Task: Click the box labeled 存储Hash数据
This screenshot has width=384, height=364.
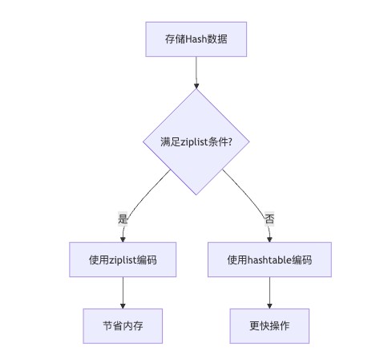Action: click(196, 39)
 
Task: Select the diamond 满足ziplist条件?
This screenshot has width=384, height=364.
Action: click(196, 141)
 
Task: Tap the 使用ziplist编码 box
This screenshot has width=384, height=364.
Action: click(123, 260)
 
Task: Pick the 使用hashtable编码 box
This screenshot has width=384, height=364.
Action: click(269, 260)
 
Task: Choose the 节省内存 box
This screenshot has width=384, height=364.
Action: click(123, 326)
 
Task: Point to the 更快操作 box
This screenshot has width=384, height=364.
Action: click(269, 326)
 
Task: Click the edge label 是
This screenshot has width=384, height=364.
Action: click(123, 219)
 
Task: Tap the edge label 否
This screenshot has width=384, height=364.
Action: click(269, 219)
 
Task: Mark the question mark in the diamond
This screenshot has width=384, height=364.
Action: click(230, 141)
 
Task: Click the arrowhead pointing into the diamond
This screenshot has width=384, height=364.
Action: click(196, 86)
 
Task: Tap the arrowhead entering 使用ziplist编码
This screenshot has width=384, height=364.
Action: click(123, 239)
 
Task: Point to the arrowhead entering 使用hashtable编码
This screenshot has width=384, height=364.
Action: click(269, 239)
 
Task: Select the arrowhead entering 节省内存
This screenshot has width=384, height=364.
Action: click(123, 306)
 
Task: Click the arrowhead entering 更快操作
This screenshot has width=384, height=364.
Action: click(269, 306)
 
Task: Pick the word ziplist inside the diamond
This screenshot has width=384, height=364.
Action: click(194, 142)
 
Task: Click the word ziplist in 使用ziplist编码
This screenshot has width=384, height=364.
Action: click(123, 260)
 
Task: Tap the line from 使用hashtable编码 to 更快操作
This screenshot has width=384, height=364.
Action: click(269, 290)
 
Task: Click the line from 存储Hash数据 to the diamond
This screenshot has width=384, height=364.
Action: click(196, 70)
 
